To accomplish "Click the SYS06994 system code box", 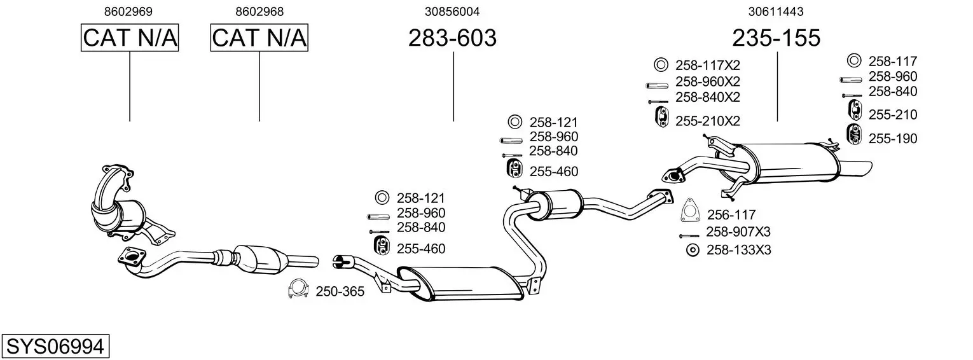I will [55, 347].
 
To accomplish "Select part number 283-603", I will [452, 38].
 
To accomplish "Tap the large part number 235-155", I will [776, 38].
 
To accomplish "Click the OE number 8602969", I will [130, 11].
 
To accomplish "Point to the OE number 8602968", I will [259, 11].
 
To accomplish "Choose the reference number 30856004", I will [452, 11].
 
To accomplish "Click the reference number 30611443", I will [776, 11].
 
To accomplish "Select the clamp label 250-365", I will [341, 292].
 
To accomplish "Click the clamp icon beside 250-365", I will [298, 289].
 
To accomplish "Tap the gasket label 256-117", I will [731, 215].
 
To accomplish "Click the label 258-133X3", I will [738, 250].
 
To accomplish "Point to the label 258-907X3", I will [738, 232].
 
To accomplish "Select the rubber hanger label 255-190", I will [893, 138].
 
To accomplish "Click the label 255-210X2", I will [708, 120].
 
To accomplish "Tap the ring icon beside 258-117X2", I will [661, 65].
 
